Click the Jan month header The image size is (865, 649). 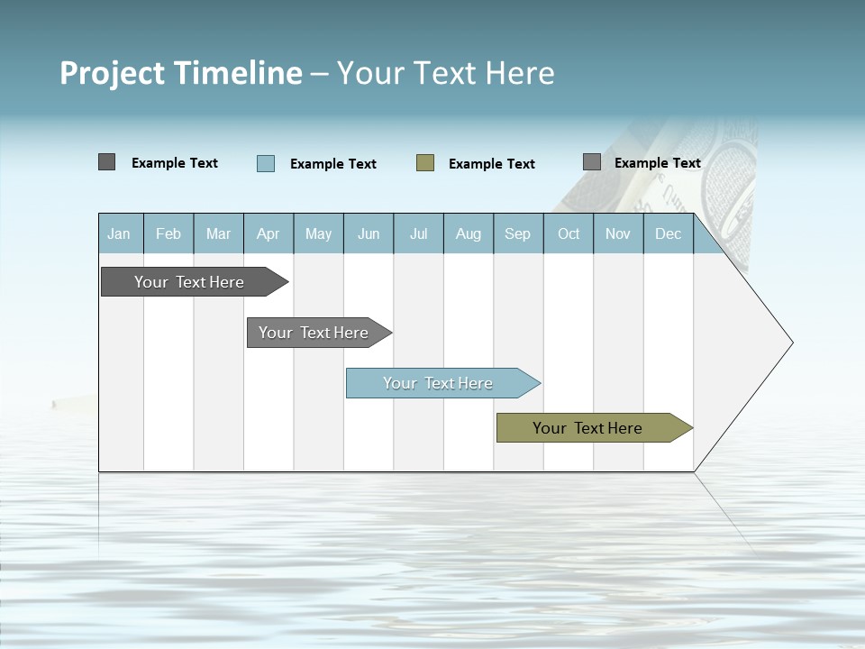click(x=119, y=233)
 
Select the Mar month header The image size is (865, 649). click(x=218, y=233)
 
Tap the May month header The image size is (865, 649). click(x=318, y=233)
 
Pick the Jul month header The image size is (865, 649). click(x=418, y=233)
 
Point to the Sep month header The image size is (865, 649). click(x=517, y=233)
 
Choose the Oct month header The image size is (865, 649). click(x=569, y=233)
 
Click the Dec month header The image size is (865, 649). click(x=668, y=233)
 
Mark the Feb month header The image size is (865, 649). click(x=168, y=233)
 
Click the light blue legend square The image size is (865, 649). click(x=266, y=163)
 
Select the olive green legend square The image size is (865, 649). click(x=425, y=163)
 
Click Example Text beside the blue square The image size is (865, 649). click(x=333, y=164)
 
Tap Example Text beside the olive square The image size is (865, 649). click(x=492, y=164)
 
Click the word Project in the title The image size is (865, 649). click(x=113, y=73)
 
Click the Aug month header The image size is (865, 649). click(x=468, y=233)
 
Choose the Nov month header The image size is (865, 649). click(x=618, y=233)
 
